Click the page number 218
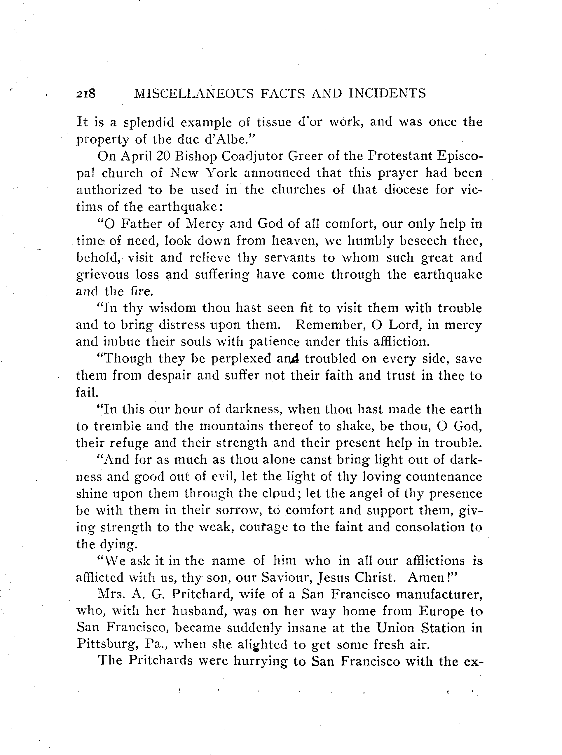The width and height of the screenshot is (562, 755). pos(86,94)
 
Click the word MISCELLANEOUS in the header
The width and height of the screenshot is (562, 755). pos(194,94)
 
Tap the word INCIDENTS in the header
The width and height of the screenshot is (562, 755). pos(387,94)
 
